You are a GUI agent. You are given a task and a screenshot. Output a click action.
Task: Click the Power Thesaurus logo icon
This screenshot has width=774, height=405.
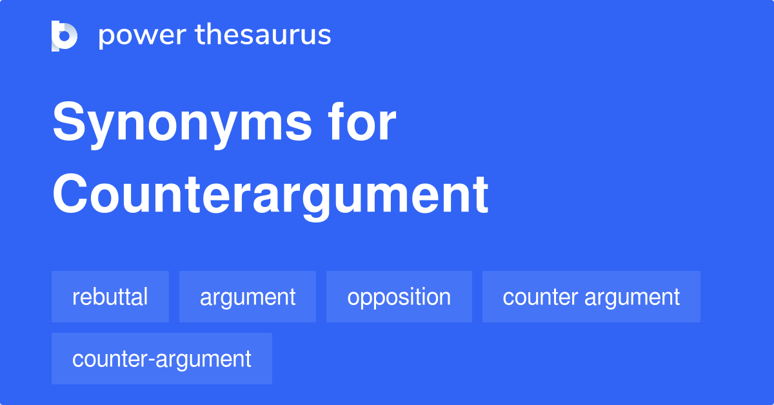pos(64,35)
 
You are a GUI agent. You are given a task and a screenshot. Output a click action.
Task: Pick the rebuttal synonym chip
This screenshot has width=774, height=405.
pos(110,297)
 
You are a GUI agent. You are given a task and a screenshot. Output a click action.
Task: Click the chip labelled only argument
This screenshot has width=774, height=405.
pos(248,297)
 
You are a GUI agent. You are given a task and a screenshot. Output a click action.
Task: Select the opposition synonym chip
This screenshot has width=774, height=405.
pos(399,297)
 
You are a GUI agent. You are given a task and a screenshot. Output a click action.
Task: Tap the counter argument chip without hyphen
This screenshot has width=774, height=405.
pos(591,297)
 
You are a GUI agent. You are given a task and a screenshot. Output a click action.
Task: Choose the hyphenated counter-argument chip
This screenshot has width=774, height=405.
pos(162,359)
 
